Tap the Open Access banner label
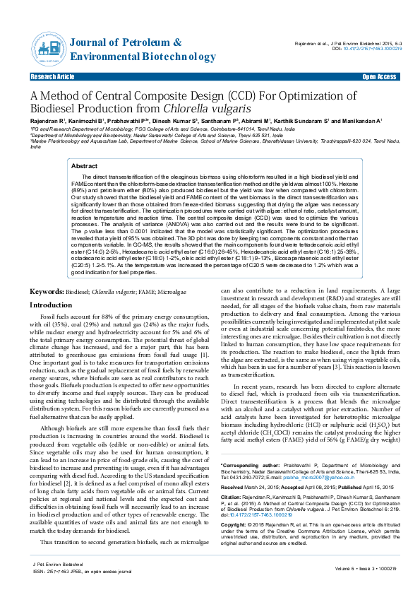point(379,76)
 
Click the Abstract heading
point(85,165)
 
